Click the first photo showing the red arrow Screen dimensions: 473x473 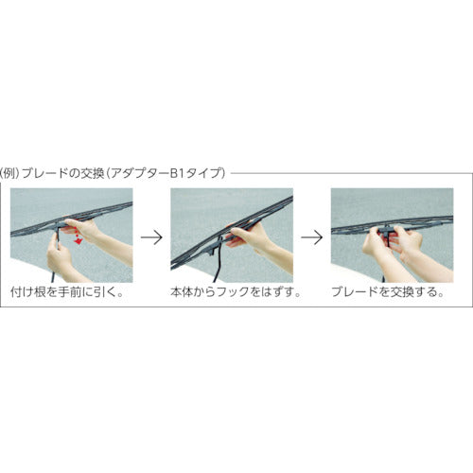[x=71, y=235]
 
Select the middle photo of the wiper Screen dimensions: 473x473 [x=233, y=235]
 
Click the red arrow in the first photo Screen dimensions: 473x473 [x=75, y=240]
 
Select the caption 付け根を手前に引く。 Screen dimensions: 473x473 [x=71, y=293]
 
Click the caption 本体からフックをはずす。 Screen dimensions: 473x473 [x=233, y=293]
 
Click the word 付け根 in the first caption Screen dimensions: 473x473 [x=27, y=293]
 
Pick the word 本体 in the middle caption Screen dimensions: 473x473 [x=182, y=293]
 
